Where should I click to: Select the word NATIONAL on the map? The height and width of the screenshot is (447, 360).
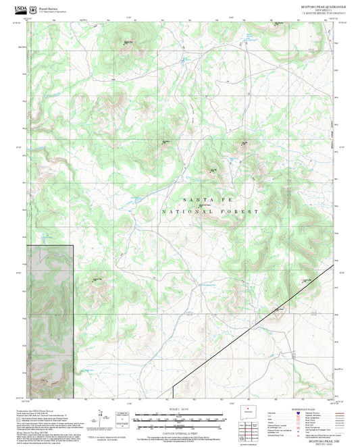point(182,212)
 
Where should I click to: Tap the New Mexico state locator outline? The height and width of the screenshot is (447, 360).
point(250,415)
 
